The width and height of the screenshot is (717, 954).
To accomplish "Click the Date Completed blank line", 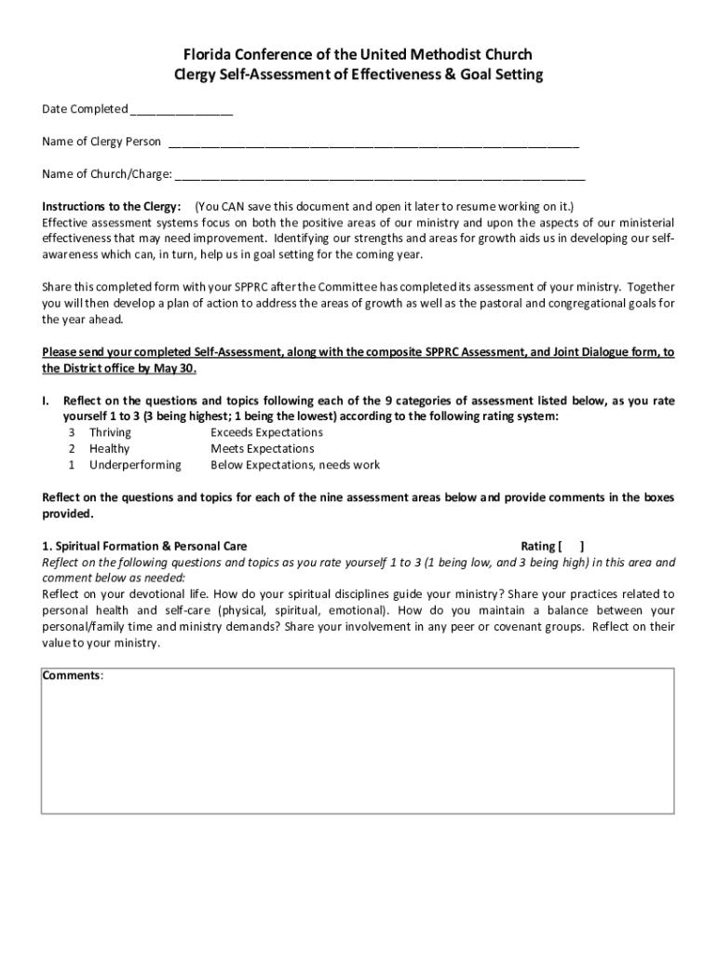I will (x=182, y=111).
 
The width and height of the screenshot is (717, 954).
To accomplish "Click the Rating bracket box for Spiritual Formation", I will (x=572, y=547).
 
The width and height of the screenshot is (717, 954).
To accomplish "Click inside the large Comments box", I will (x=358, y=745).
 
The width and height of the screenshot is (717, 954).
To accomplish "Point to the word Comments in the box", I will (x=72, y=675).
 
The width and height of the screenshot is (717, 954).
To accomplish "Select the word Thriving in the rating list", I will (x=110, y=432).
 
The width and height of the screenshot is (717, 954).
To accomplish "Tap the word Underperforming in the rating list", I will (x=135, y=464).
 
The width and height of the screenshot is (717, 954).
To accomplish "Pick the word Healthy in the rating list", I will (x=109, y=448).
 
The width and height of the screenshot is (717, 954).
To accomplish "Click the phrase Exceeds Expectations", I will (x=266, y=432).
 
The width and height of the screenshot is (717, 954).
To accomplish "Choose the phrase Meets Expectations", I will (x=262, y=448).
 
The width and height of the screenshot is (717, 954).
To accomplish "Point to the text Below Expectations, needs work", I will (x=295, y=464).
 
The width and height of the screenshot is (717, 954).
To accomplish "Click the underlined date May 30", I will (x=174, y=367).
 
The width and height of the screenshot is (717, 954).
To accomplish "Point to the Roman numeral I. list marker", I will (x=46, y=401).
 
